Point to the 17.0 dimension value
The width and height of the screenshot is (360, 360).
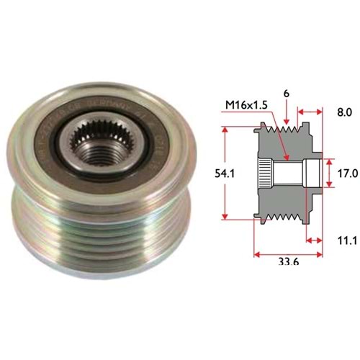(x=347, y=173)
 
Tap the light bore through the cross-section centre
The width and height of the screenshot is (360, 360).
(x=288, y=172)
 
